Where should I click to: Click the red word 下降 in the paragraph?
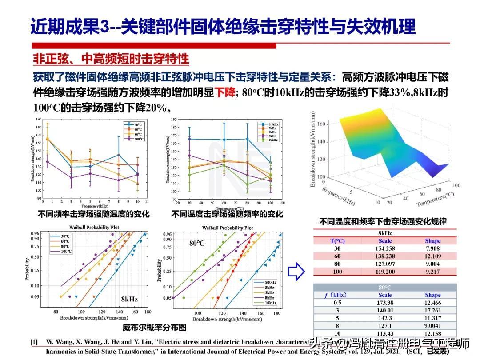tap(225, 93)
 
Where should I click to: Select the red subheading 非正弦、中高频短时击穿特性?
tap(111, 59)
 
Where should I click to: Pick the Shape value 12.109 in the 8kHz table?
tap(432, 256)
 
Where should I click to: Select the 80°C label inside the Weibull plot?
tap(196, 244)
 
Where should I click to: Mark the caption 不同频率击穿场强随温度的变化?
tap(94, 214)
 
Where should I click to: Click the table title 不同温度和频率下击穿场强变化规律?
tap(383, 221)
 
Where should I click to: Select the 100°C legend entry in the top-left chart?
tap(139, 139)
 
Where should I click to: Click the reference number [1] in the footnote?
tap(34, 342)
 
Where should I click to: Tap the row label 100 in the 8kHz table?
tap(337, 272)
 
